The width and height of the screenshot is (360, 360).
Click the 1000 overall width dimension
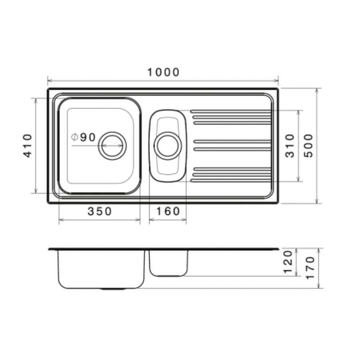click(163, 72)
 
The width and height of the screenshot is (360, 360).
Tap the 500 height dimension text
click(309, 145)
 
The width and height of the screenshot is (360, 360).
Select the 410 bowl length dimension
click(28, 145)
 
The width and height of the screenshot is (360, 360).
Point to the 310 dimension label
click(290, 145)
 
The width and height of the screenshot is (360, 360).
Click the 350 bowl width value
click(100, 211)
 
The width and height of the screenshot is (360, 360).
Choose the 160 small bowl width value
click(168, 211)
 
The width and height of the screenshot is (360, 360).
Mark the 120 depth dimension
click(288, 262)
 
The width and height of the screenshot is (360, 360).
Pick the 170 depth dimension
click(310, 268)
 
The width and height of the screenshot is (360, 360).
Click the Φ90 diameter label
click(83, 137)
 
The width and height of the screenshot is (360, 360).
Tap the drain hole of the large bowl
click(112, 145)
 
